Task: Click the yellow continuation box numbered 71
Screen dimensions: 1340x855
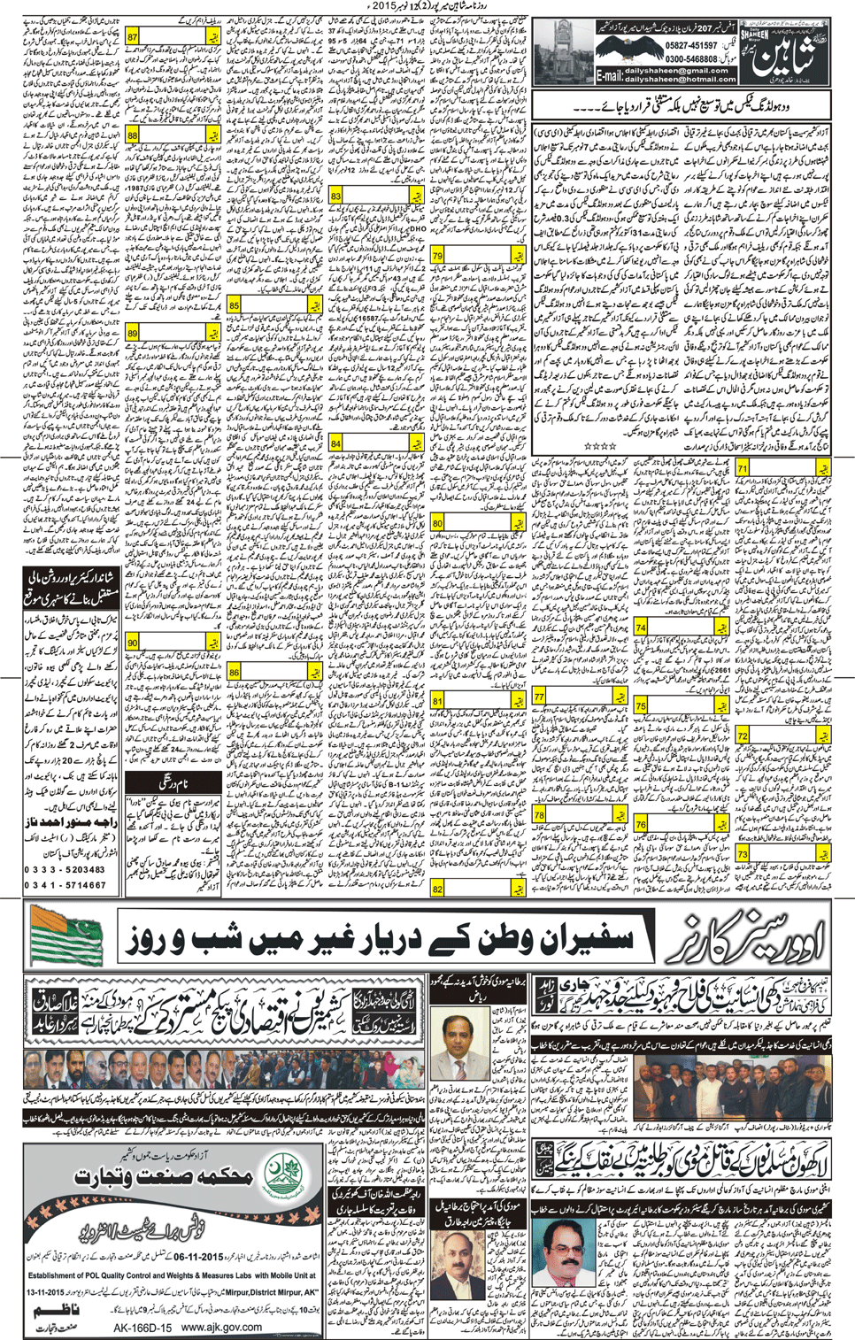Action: click(743, 468)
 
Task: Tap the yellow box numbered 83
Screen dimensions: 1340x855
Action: click(336, 196)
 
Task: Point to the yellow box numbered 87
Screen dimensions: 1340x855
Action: click(133, 37)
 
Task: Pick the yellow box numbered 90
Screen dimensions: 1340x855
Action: click(133, 643)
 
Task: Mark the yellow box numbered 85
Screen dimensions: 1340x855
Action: click(235, 305)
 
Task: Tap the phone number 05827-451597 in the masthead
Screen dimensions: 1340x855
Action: click(691, 45)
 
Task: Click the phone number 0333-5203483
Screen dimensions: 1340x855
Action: click(66, 869)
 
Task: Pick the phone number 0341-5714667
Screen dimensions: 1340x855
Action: click(66, 884)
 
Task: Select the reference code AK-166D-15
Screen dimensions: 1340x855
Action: click(142, 1328)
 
